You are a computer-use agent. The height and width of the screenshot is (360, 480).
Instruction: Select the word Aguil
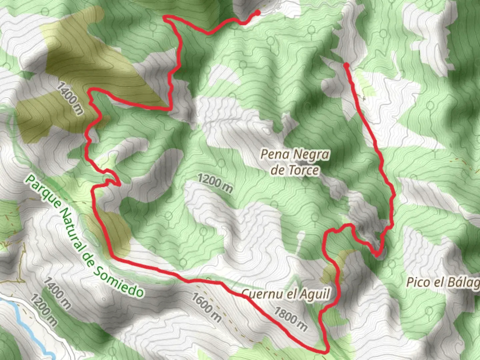click(314, 294)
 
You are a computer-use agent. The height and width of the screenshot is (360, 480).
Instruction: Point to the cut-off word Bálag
click(462, 283)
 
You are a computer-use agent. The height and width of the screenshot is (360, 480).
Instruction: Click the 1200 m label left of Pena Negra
click(215, 183)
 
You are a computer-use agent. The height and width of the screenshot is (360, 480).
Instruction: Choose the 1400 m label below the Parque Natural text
click(57, 293)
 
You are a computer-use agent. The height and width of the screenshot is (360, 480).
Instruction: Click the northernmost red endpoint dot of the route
click(257, 13)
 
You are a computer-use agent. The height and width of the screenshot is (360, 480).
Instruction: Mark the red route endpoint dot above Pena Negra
click(347, 65)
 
